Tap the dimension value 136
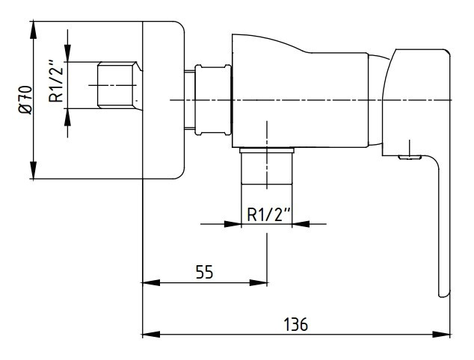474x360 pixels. coord(296,324)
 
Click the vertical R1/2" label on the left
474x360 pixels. coord(53,84)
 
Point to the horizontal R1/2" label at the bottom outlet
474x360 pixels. coord(268,214)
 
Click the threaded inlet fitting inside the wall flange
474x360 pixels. coord(116,85)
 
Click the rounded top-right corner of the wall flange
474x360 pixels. coord(179,27)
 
